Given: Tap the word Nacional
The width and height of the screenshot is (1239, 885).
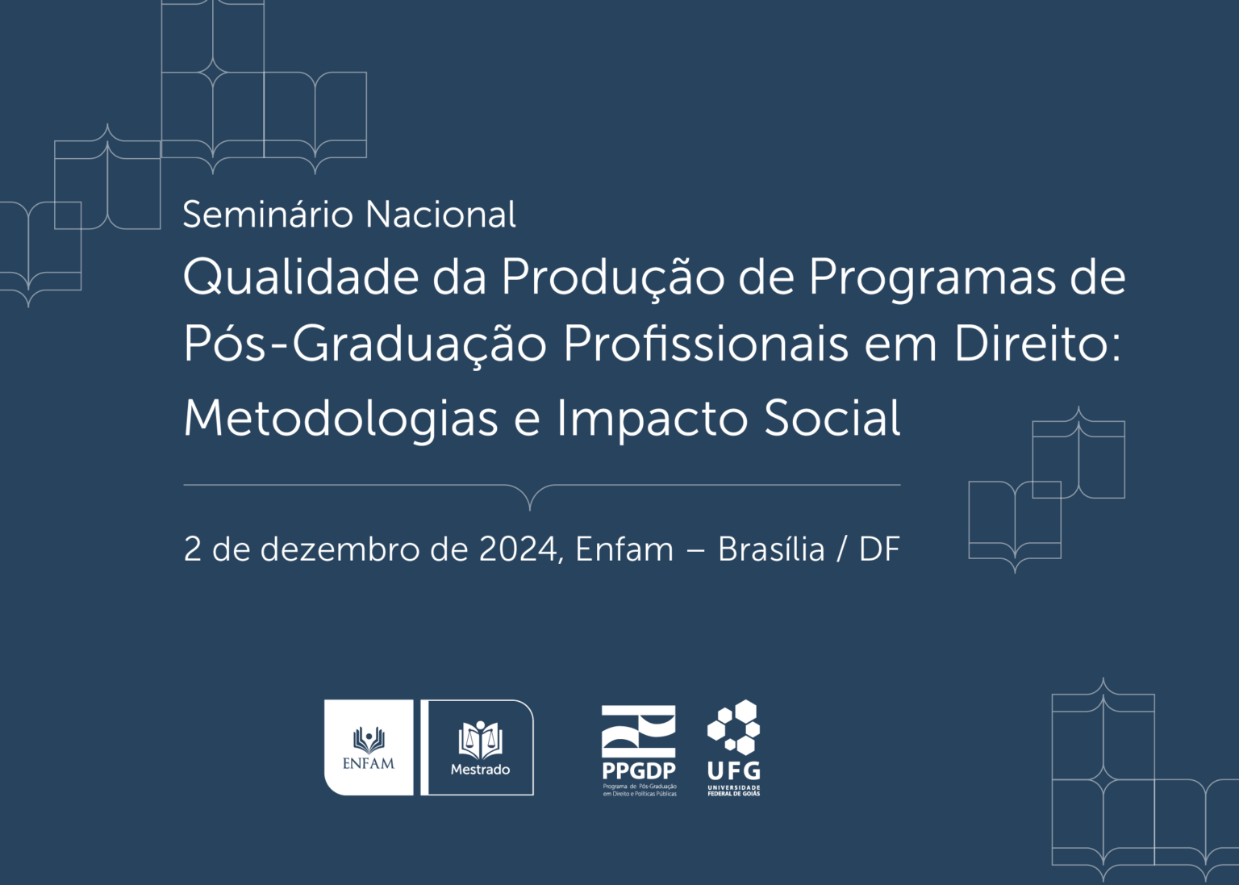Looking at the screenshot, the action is tap(441, 214).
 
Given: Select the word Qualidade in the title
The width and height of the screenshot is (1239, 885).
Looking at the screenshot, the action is tap(301, 277).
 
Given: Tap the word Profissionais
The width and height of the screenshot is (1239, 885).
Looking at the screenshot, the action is tap(706, 343).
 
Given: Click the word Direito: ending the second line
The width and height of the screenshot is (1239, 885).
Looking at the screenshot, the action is tap(1037, 343).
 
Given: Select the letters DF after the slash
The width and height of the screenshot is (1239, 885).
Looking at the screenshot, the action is tap(879, 549).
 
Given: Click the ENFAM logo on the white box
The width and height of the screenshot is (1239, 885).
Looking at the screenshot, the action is tap(369, 748).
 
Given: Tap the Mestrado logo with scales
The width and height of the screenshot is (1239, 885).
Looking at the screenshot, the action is tap(480, 748).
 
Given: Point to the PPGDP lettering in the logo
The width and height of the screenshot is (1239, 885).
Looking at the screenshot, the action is tap(639, 770).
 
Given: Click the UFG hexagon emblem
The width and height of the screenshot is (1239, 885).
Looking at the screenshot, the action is tap(734, 727).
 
